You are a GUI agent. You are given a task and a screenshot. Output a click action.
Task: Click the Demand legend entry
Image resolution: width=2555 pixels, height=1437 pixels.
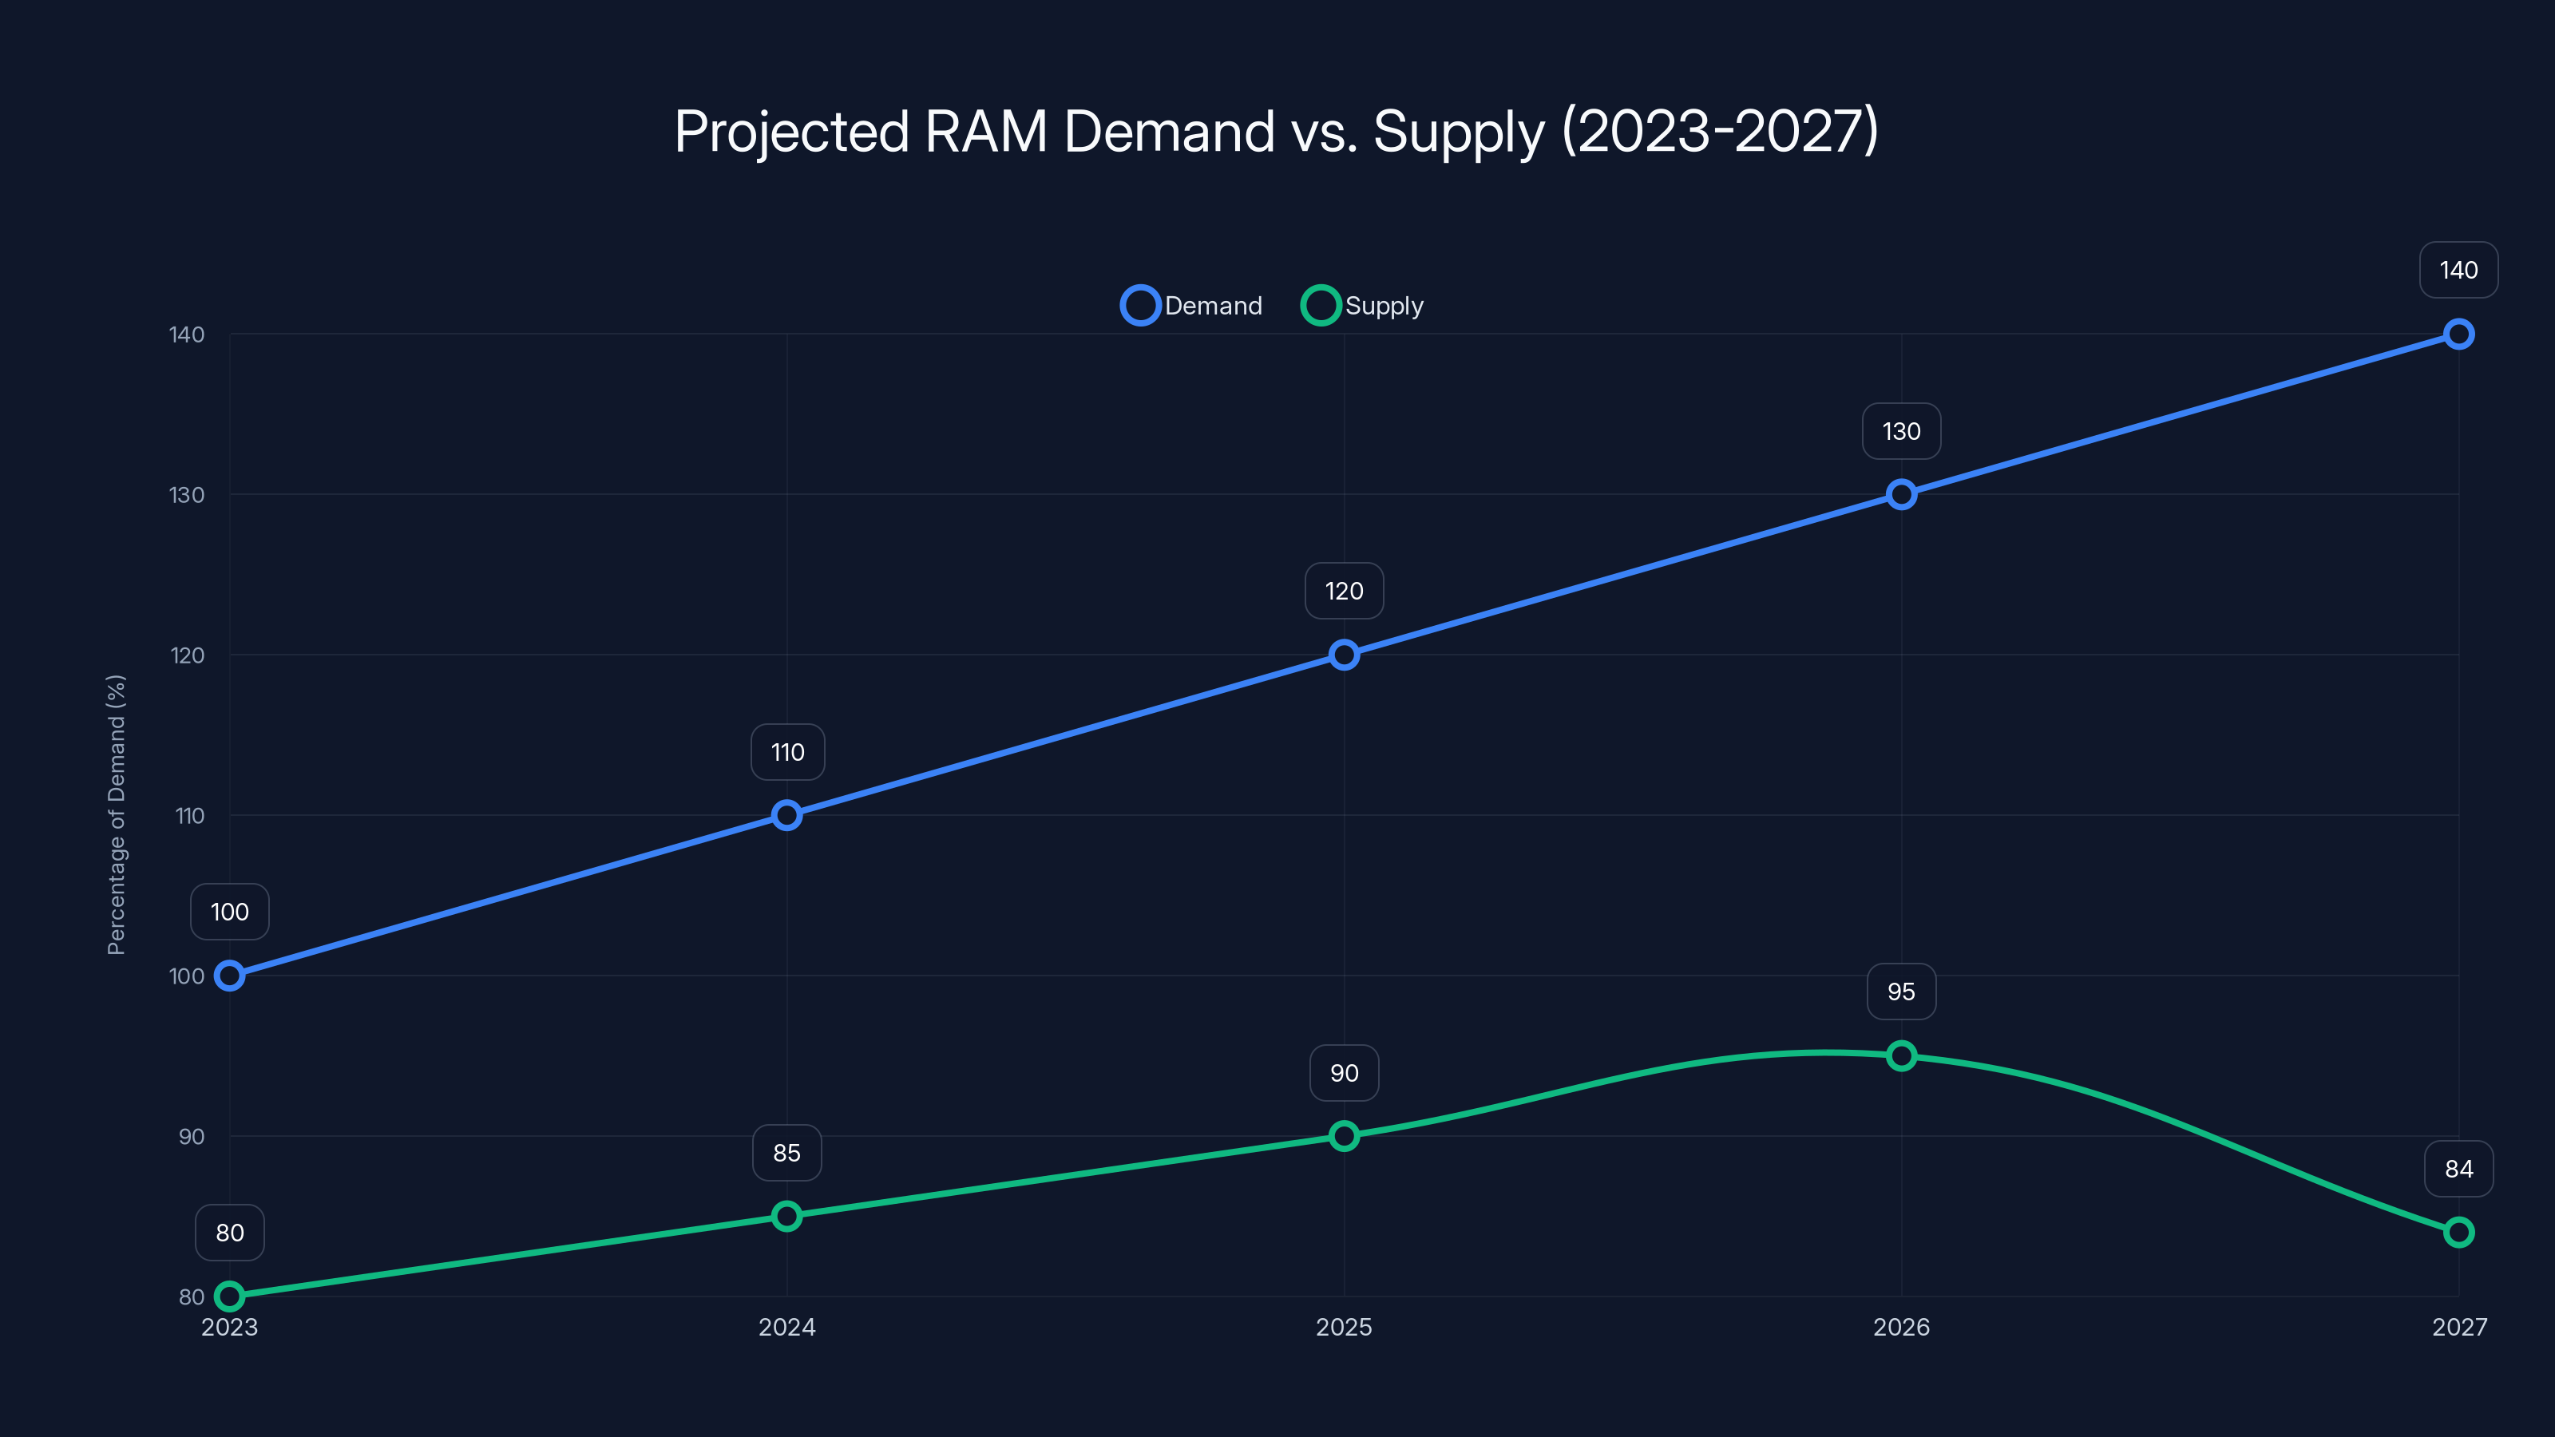[x=1191, y=306]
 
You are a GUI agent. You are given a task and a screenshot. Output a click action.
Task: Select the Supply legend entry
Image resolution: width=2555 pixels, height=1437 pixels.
[x=1363, y=306]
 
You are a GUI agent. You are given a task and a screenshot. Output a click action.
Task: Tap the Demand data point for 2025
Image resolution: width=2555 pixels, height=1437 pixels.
[x=1344, y=655]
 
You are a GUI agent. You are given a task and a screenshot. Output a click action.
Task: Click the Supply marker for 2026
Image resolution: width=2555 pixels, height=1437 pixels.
[x=1901, y=1055]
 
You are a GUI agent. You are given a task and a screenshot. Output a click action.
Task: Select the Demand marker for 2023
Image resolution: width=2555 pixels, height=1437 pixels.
[x=229, y=976]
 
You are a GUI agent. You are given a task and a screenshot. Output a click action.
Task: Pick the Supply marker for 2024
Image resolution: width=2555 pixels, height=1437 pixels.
[x=786, y=1216]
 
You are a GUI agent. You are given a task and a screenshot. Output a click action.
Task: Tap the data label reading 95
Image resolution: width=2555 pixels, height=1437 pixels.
[x=1901, y=992]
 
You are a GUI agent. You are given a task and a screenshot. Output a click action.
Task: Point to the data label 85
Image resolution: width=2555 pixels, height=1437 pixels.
[x=786, y=1152]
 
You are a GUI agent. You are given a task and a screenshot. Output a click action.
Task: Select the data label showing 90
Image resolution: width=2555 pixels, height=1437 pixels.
[x=1344, y=1073]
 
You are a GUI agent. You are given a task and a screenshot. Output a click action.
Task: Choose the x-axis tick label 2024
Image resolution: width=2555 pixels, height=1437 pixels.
[x=786, y=1327]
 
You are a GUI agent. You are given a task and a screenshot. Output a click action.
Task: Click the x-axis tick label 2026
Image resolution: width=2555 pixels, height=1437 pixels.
[x=1901, y=1327]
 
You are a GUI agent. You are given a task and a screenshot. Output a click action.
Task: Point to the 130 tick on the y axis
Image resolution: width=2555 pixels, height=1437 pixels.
[x=187, y=495]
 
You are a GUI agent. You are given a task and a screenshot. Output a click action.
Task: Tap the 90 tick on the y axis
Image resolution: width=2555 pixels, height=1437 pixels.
[x=192, y=1137]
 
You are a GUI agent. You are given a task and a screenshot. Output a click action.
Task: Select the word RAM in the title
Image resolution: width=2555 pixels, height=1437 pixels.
[x=986, y=131]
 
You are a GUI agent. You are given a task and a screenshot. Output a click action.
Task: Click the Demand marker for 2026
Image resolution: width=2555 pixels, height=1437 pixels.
[x=1901, y=494]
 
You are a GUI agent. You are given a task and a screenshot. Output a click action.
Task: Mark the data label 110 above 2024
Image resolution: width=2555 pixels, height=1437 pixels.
[x=787, y=752]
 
